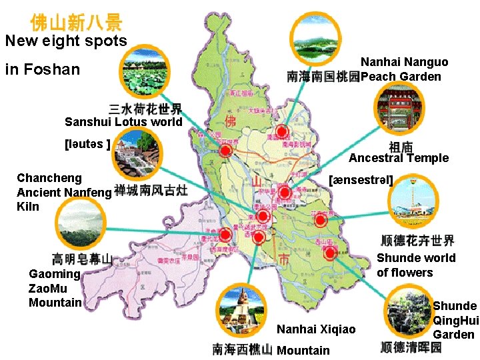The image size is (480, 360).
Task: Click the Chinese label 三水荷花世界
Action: click(145, 109)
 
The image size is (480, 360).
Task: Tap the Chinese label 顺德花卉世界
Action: click(417, 241)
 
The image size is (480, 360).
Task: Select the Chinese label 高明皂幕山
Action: click(82, 259)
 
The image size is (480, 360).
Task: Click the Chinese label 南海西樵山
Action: click(242, 349)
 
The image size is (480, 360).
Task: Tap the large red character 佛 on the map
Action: click(231, 121)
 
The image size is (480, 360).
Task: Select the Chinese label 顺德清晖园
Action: click(411, 347)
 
